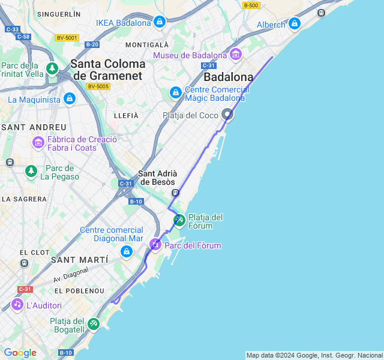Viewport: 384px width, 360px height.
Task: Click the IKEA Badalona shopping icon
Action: (159, 23)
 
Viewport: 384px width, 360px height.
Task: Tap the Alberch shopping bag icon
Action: (294, 24)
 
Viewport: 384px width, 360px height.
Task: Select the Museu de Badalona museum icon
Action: (235, 55)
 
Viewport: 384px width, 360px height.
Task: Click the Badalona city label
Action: (228, 77)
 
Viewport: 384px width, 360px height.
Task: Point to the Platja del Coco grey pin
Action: (227, 114)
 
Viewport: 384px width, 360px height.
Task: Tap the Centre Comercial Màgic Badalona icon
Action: (175, 93)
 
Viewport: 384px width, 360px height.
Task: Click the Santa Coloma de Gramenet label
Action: (108, 70)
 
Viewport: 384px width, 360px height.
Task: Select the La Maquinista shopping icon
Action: (70, 98)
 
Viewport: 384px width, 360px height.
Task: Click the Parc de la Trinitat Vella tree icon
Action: (52, 69)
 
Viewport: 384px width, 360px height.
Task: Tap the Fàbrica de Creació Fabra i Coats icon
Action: (38, 143)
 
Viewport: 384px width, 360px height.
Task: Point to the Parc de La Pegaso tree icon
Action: (31, 172)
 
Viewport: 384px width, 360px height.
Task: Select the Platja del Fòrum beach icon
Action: (179, 221)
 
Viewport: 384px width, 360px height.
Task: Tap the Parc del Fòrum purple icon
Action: (155, 245)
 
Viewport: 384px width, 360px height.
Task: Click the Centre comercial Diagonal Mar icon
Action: (126, 251)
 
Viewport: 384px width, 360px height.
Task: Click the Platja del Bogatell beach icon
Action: (93, 325)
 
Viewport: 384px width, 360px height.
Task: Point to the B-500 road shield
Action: (251, 5)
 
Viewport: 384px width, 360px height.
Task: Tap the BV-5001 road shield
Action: (67, 38)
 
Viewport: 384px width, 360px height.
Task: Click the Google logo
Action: (20, 353)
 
